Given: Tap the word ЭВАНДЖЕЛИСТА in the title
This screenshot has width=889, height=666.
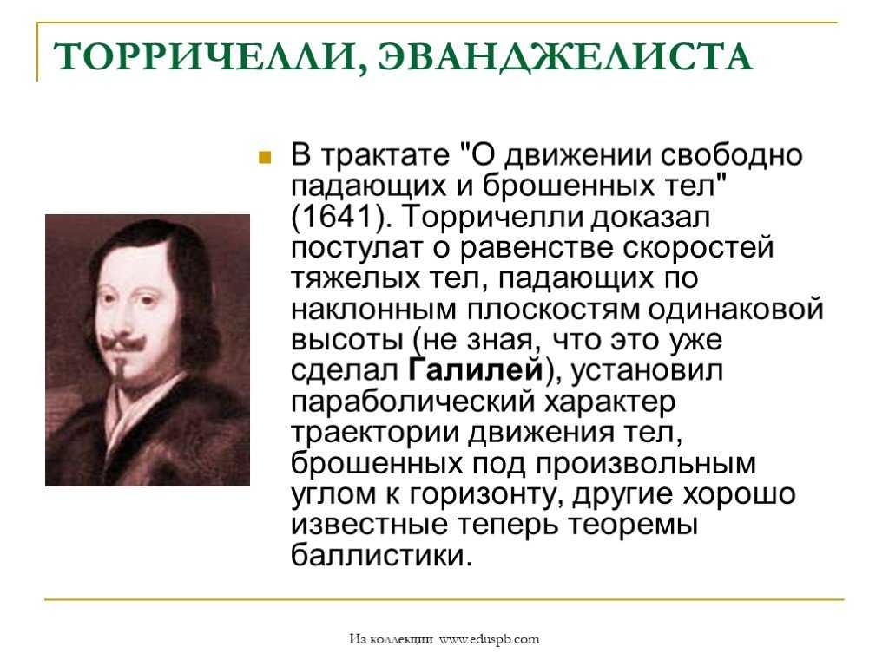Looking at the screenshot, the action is pos(565,58).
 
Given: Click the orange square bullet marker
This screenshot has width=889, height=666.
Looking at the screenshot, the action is pos(264,157).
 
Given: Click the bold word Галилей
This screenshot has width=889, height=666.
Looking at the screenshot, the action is pos(476,370).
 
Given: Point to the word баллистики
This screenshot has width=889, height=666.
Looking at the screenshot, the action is pos(381,555).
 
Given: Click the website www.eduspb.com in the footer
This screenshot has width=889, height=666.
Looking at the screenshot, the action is pos(490,639).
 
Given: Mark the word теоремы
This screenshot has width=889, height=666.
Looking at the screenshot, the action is pos(633,526).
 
